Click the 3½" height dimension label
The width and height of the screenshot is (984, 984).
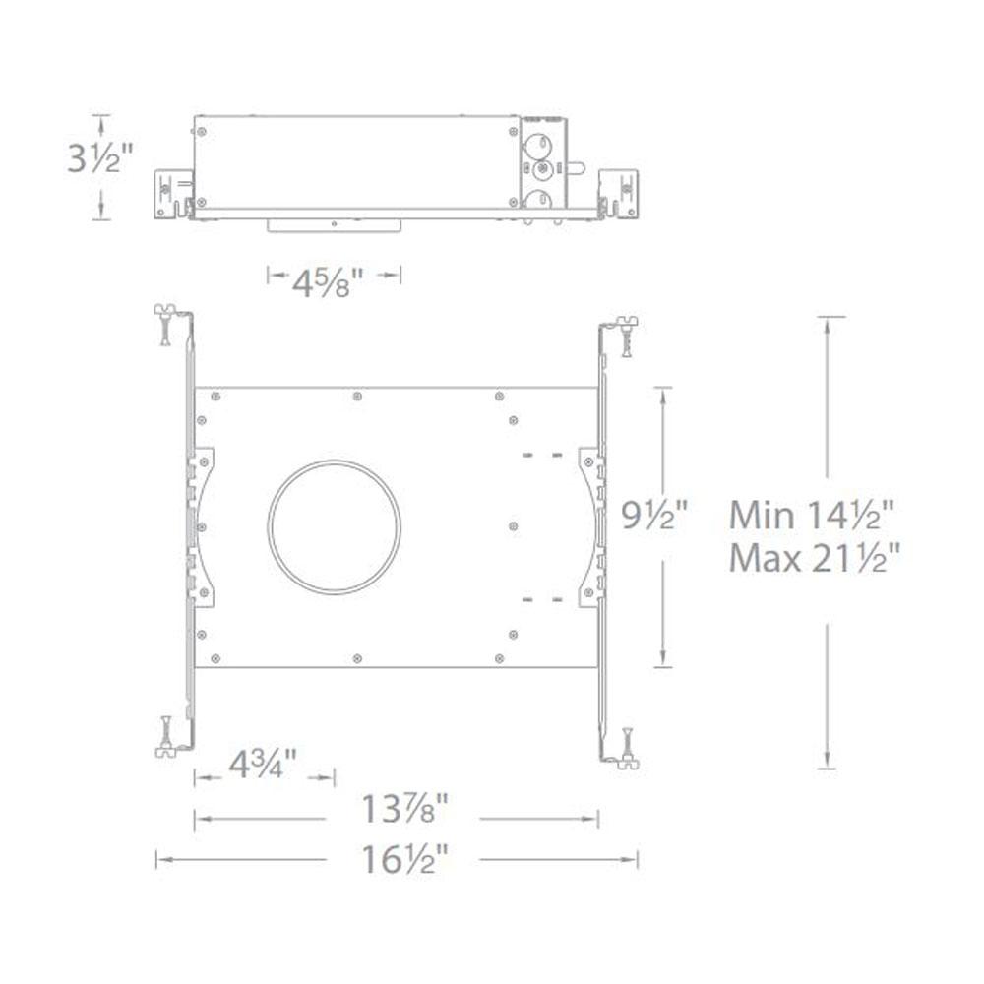100,158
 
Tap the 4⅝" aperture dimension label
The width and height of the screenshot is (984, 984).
328,283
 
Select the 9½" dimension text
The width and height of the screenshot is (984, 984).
654,517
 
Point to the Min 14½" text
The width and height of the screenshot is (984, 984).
811,516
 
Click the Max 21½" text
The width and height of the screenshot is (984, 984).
815,558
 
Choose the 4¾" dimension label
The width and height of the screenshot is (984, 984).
263,764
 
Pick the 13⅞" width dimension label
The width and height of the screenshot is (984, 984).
405,808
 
